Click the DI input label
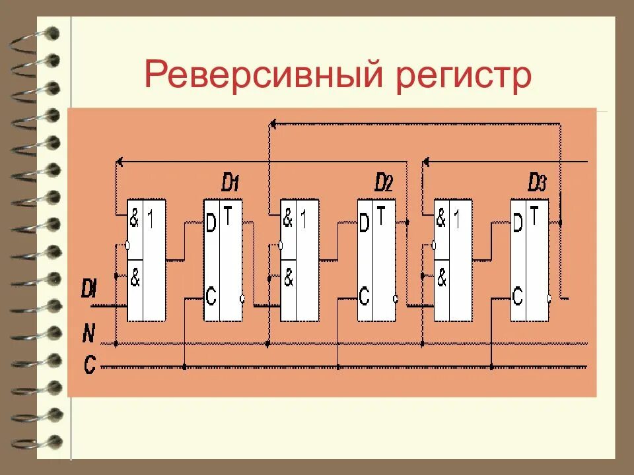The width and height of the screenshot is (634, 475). pos(90,288)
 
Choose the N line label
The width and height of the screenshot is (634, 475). pos(88,334)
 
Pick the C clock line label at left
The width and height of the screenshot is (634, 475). pos(89,364)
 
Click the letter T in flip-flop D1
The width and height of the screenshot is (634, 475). pos(228,212)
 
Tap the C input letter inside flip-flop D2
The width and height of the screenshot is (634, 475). pos(364,296)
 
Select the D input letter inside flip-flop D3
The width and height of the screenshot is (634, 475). pos(518,224)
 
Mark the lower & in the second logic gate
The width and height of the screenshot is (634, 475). pos(288,279)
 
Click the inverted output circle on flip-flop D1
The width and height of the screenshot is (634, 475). pos(244,299)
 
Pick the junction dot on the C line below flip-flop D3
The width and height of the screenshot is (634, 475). pos(491,365)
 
